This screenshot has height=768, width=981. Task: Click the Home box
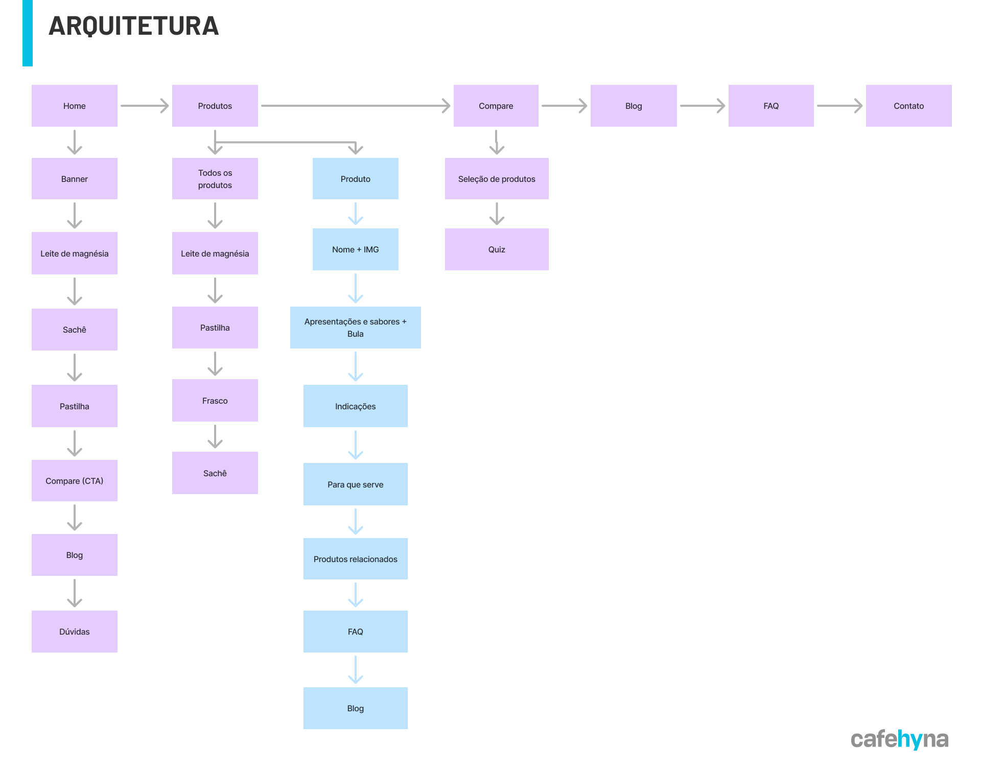(75, 106)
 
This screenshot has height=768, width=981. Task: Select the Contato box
(908, 106)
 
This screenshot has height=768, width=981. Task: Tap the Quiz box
(497, 249)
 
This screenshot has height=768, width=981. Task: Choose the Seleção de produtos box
(497, 178)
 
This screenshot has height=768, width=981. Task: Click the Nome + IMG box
(356, 249)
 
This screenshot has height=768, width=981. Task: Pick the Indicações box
(356, 406)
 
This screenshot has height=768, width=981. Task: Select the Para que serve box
(356, 484)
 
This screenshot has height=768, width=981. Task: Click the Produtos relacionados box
(356, 559)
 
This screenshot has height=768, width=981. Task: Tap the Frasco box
(215, 401)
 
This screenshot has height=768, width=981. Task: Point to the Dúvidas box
(75, 632)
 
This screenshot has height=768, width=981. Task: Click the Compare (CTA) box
(75, 481)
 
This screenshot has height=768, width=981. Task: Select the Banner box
(75, 178)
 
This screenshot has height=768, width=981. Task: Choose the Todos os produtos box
(215, 178)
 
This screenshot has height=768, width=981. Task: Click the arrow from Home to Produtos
(145, 106)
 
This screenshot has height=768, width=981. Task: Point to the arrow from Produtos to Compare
(356, 106)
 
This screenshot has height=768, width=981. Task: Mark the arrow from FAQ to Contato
(840, 106)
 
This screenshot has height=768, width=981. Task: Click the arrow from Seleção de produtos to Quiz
(497, 214)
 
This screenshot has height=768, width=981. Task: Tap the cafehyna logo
(899, 739)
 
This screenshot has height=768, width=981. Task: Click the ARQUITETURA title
(134, 26)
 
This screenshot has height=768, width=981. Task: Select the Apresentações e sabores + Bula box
(356, 328)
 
